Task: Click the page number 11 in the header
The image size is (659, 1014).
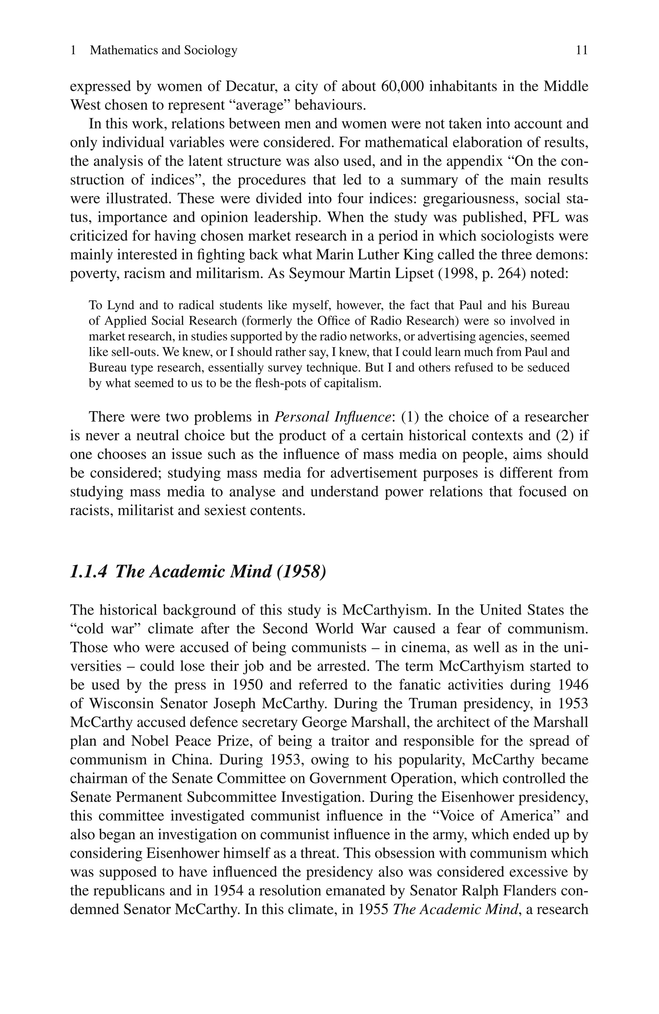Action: pyautogui.click(x=581, y=50)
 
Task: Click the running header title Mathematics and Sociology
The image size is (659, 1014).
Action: pyautogui.click(x=163, y=50)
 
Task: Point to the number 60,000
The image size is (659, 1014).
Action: pyautogui.click(x=402, y=87)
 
